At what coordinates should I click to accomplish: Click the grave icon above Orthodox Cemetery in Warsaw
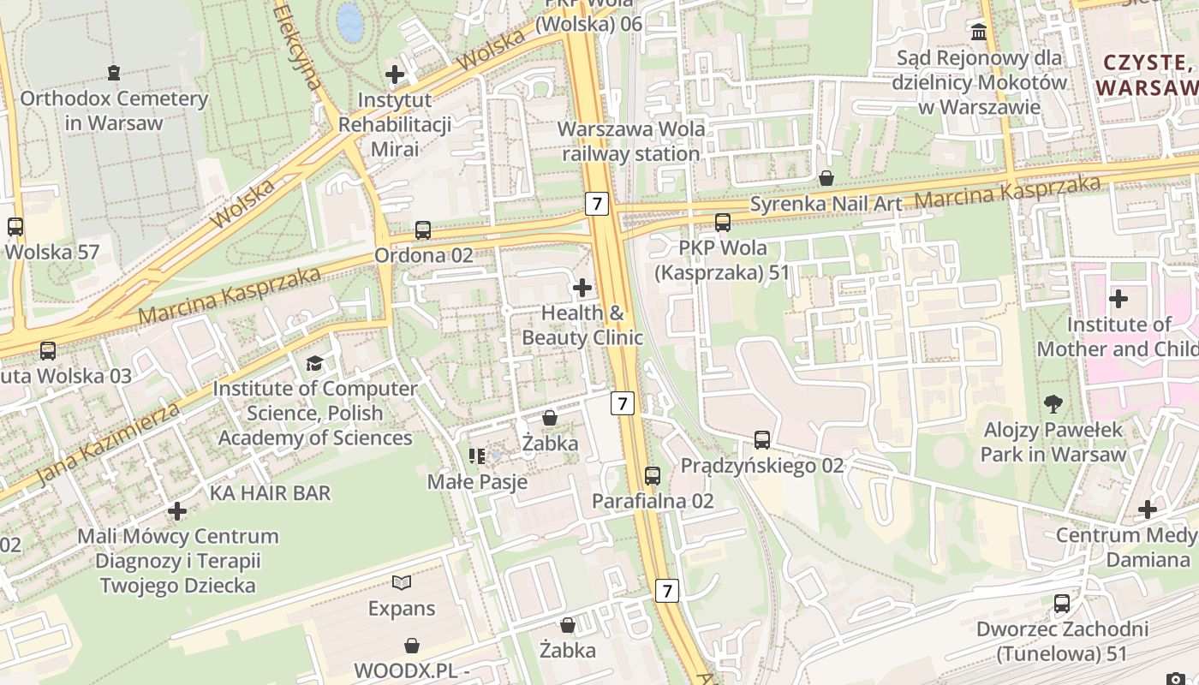[x=113, y=73]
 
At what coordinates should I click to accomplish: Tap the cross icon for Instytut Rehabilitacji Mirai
[x=395, y=74]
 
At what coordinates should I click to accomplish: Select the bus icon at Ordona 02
[x=423, y=229]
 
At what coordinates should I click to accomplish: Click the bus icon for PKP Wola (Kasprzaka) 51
[x=723, y=223]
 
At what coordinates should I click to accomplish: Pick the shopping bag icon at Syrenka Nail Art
[x=826, y=178]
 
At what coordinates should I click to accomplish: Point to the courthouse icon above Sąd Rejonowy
[x=979, y=33]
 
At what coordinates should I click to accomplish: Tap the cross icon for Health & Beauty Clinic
[x=582, y=287]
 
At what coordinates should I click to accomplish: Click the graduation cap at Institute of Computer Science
[x=314, y=363]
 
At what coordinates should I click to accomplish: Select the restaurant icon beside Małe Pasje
[x=477, y=456]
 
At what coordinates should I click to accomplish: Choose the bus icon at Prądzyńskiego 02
[x=762, y=440]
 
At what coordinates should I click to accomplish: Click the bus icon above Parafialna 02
[x=653, y=475]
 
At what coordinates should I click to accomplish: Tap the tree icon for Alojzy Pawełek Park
[x=1053, y=403]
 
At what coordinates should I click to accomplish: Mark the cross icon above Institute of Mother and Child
[x=1118, y=299]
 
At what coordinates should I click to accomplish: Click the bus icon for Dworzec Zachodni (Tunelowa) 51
[x=1062, y=604]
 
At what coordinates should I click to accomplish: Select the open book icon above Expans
[x=402, y=583]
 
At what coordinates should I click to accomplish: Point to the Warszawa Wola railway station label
[x=631, y=142]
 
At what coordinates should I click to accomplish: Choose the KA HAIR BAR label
[x=270, y=493]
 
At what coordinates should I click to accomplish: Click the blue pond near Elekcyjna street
[x=349, y=21]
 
